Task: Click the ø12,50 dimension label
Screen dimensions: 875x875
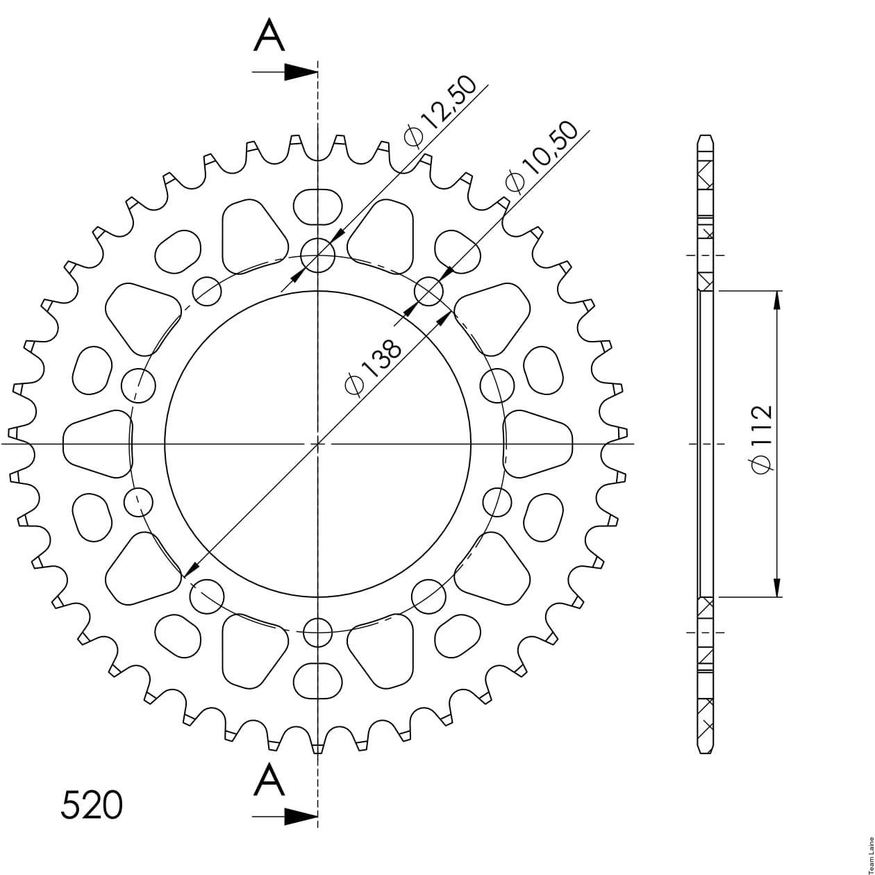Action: click(x=440, y=111)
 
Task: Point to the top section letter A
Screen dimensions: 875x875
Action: click(x=269, y=35)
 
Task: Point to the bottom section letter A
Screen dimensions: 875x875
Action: click(x=269, y=779)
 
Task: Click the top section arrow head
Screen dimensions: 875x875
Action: click(x=301, y=72)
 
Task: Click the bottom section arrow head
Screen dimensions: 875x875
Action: click(x=301, y=817)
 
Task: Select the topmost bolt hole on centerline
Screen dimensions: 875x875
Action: click(x=318, y=255)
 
